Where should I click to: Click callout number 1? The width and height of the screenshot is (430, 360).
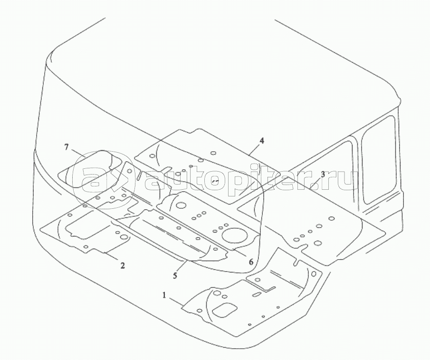pos(164,295)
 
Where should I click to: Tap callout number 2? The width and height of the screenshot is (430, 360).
pos(123,265)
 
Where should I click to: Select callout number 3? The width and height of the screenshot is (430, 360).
pos(323,174)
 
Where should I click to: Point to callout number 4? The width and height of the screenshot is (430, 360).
pos(262,141)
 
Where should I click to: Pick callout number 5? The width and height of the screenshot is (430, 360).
pos(175,275)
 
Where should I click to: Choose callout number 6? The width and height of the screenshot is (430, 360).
pos(251,262)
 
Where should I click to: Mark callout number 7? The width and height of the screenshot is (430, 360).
pos(66,147)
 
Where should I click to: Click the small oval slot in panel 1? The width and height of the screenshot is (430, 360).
pos(256,294)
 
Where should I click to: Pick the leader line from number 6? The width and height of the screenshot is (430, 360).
pos(241,253)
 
